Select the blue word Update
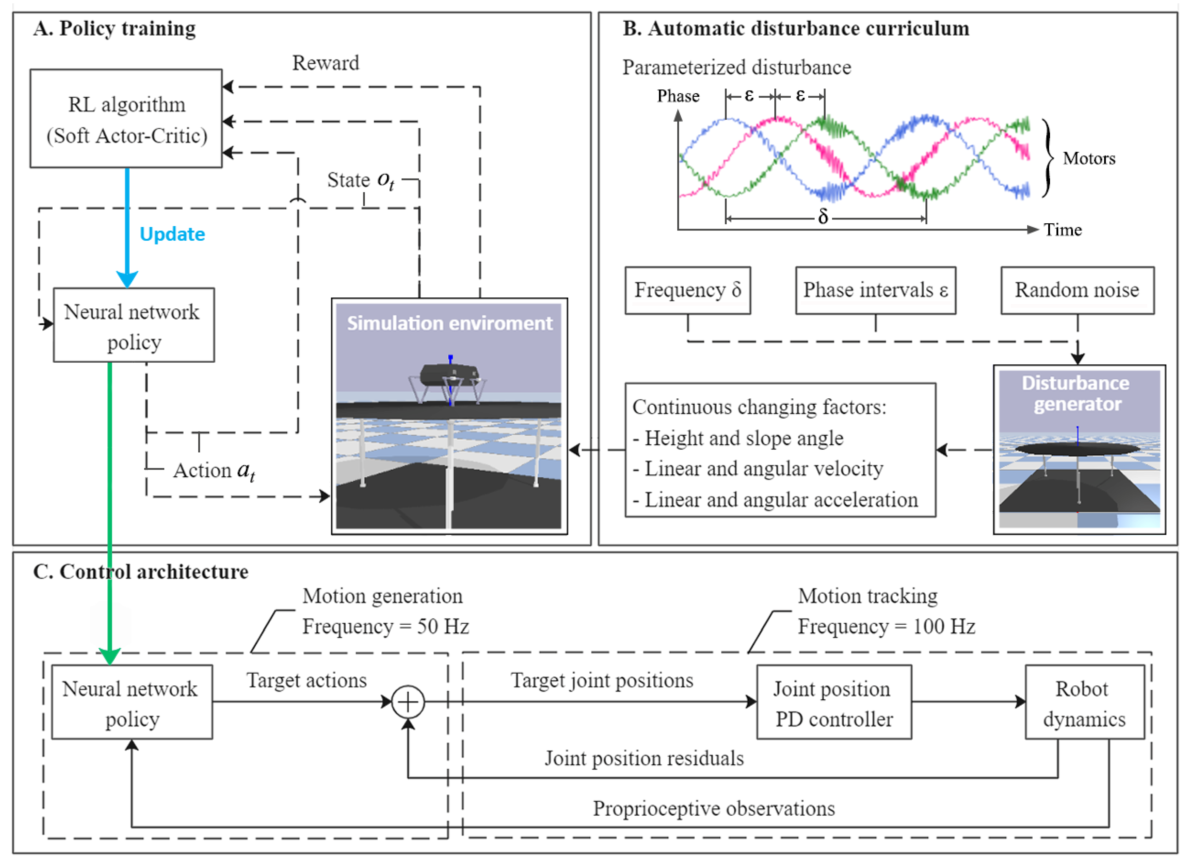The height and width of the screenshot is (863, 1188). click(172, 234)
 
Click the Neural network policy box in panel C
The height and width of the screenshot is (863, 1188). click(132, 702)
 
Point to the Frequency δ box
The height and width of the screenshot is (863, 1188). click(688, 291)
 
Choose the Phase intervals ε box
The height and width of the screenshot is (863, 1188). click(876, 291)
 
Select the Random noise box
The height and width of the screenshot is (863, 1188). click(1078, 291)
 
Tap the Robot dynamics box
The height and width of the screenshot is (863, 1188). click(1085, 702)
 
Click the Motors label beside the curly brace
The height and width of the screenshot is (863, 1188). click(1089, 158)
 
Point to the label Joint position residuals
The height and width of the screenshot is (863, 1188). click(644, 758)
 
